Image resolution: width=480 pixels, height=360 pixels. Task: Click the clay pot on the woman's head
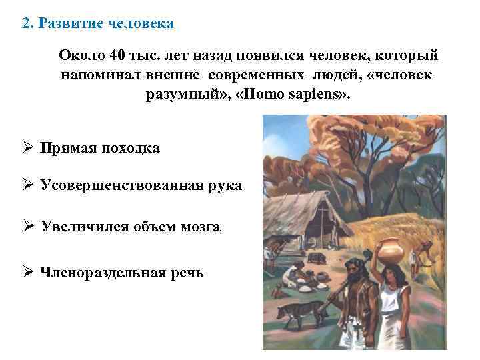(391, 251)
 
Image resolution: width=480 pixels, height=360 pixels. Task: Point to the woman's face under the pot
(393, 274)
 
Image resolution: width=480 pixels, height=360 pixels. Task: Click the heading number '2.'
(27, 24)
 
